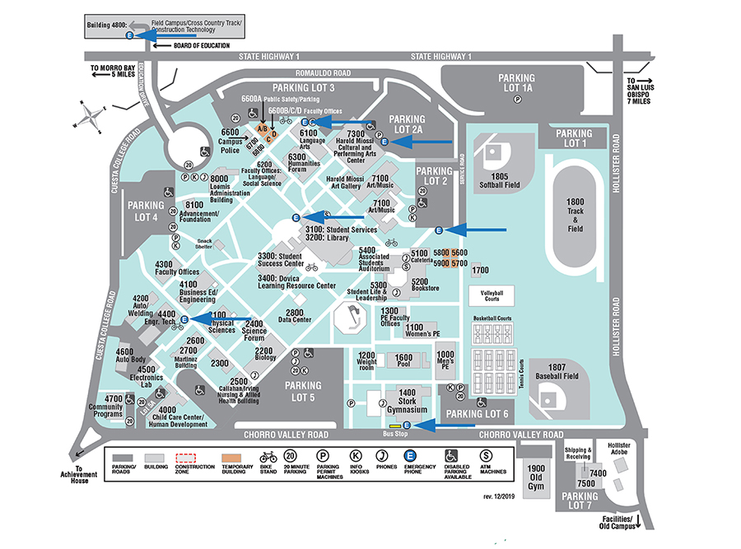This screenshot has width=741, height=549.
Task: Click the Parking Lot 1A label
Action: [516, 82]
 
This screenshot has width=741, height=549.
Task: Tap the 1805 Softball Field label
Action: [496, 180]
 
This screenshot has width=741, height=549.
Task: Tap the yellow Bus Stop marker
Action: [395, 425]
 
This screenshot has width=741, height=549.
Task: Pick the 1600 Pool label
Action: [403, 358]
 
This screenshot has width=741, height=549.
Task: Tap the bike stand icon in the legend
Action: [268, 457]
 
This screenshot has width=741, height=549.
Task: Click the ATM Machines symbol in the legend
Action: [486, 457]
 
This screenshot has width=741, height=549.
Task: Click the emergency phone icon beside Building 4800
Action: [129, 35]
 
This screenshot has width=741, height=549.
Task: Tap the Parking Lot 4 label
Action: [145, 211]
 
